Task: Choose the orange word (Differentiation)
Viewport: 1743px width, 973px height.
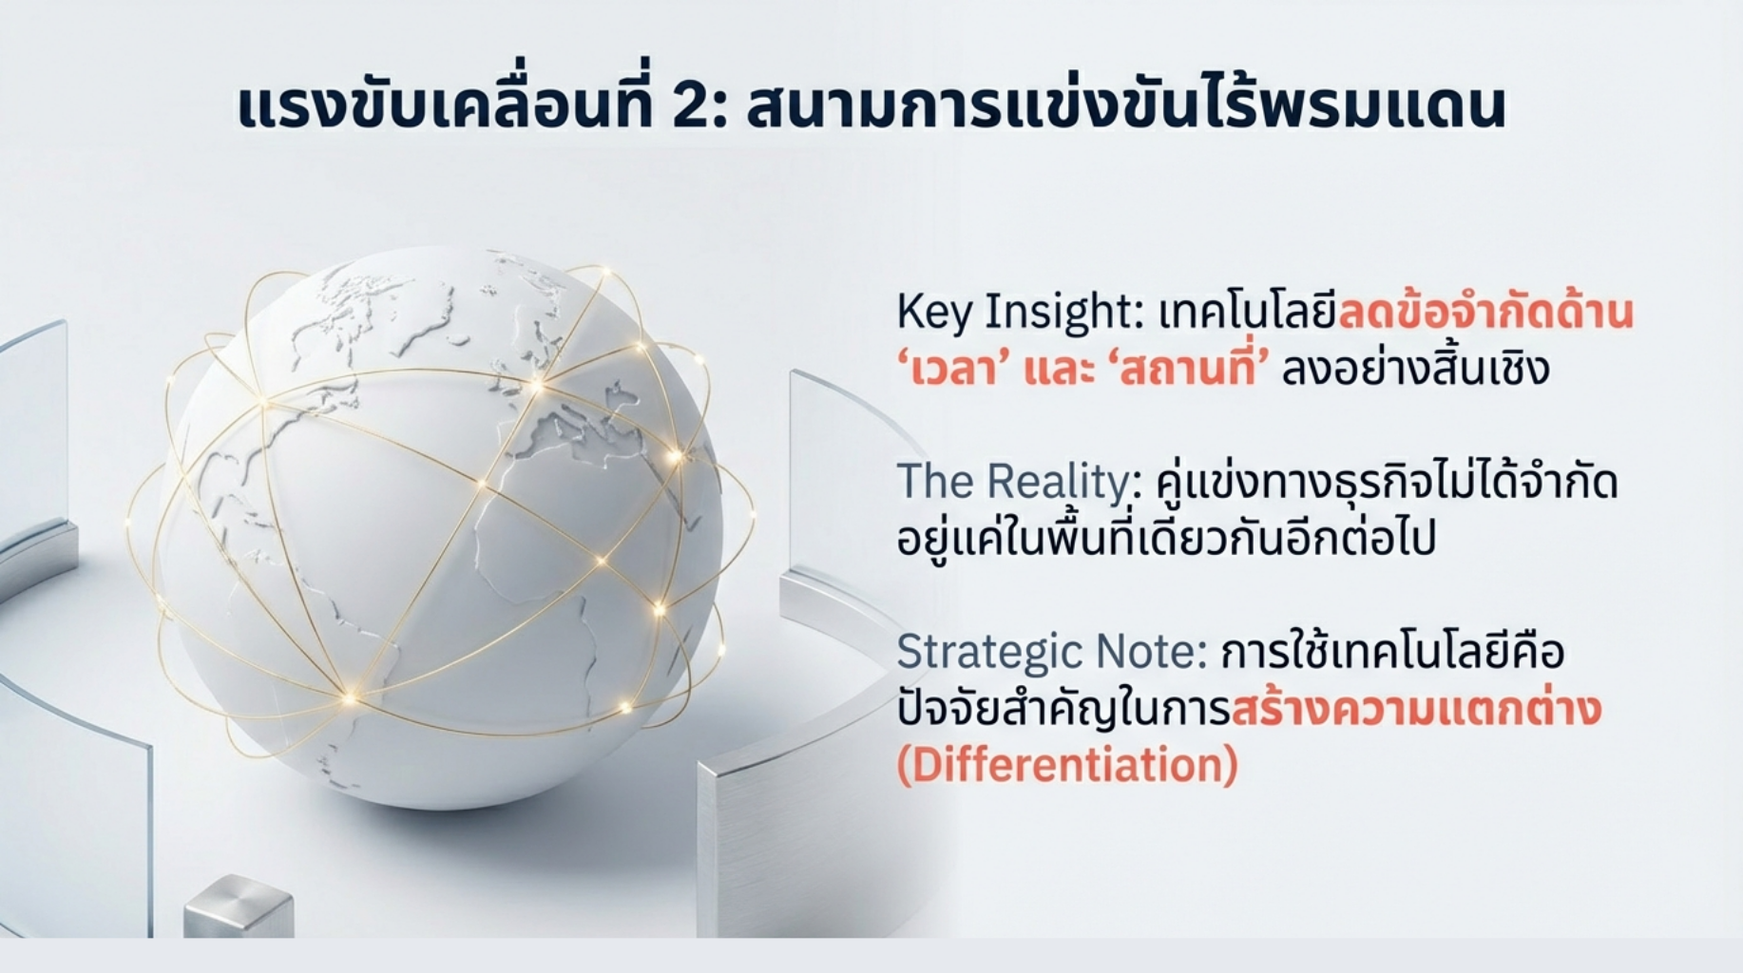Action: pyautogui.click(x=1067, y=766)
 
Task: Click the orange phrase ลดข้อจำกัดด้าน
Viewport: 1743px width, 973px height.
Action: pyautogui.click(x=1485, y=313)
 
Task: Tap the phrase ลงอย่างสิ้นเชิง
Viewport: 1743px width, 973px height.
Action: pyautogui.click(x=1416, y=367)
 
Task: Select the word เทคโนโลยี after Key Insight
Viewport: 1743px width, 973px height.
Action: pyautogui.click(x=1248, y=313)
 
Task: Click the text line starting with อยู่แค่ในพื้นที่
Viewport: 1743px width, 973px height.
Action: pyautogui.click(x=1166, y=537)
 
